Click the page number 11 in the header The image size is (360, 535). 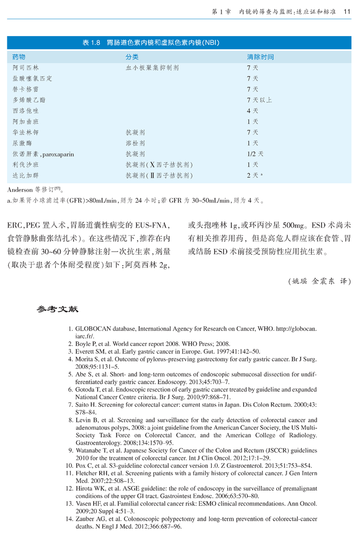(x=347, y=11)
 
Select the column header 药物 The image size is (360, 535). (x=19, y=57)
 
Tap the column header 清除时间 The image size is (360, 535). (x=260, y=57)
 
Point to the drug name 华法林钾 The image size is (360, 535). (x=25, y=133)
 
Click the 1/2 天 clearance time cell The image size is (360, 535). (x=255, y=154)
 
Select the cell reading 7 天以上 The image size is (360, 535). (x=259, y=100)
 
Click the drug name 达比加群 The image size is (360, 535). (x=25, y=176)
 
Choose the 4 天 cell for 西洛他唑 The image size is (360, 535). (x=252, y=111)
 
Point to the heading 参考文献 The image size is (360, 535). (x=57, y=310)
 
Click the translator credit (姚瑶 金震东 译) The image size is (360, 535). (x=319, y=282)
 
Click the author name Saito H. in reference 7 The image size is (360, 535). (x=84, y=405)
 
